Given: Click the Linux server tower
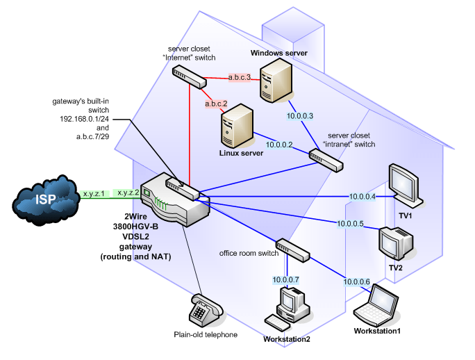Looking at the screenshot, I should [235, 124].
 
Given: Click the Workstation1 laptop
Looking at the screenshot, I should [378, 306].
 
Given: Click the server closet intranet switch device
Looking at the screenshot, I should [326, 162].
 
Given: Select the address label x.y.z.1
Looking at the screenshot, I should [93, 193].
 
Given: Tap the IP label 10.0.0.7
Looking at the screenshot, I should [285, 280].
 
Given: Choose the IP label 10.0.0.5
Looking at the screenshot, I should [351, 224].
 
